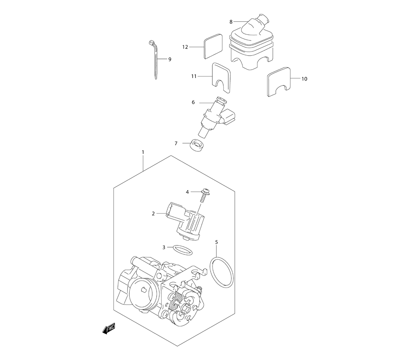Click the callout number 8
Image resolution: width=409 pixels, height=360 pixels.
point(231,22)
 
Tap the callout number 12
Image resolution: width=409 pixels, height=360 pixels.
point(185,47)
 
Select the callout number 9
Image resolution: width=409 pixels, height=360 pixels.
point(170,59)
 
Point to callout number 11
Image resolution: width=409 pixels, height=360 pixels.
point(193,76)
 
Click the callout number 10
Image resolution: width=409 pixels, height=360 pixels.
point(304,79)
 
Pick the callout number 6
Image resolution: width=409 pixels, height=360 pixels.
point(193,102)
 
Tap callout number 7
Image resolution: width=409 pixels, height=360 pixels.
point(176,143)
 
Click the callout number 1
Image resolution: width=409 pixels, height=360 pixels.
point(143,152)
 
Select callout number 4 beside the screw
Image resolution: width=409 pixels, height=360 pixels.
point(187,192)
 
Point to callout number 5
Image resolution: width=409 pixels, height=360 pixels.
point(216,242)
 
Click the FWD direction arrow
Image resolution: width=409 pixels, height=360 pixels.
point(108,329)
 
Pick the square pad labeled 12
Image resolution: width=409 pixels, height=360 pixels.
point(213,46)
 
